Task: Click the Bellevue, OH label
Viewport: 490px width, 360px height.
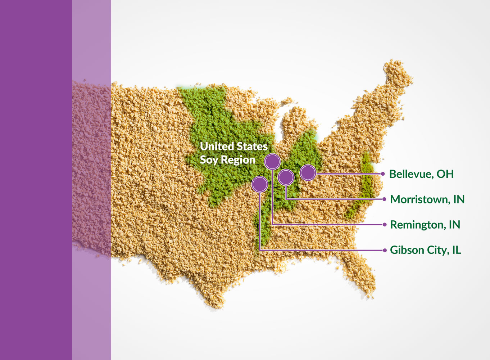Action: pyautogui.click(x=421, y=174)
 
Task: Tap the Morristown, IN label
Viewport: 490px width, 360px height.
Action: pyautogui.click(x=427, y=199)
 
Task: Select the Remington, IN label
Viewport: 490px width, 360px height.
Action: pyautogui.click(x=425, y=225)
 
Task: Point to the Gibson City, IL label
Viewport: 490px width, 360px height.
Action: pyautogui.click(x=425, y=250)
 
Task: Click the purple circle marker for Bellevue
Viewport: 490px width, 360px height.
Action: pyautogui.click(x=308, y=173)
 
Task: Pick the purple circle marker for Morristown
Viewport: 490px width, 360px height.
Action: pyautogui.click(x=286, y=177)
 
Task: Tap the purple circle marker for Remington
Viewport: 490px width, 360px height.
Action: pyautogui.click(x=272, y=162)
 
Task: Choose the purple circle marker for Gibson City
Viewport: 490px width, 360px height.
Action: pyautogui.click(x=260, y=184)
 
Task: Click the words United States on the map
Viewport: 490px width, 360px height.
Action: pyautogui.click(x=233, y=146)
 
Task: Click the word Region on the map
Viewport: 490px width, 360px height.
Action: pyautogui.click(x=238, y=160)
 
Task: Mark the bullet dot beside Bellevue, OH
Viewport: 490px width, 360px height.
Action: pyautogui.click(x=383, y=174)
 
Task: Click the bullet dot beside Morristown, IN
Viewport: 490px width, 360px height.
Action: pyautogui.click(x=384, y=199)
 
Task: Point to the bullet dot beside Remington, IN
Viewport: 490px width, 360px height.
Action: pyautogui.click(x=384, y=225)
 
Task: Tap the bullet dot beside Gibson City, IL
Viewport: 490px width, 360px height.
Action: pyautogui.click(x=385, y=250)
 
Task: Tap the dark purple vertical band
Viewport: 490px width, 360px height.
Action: pyautogui.click(x=36, y=180)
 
